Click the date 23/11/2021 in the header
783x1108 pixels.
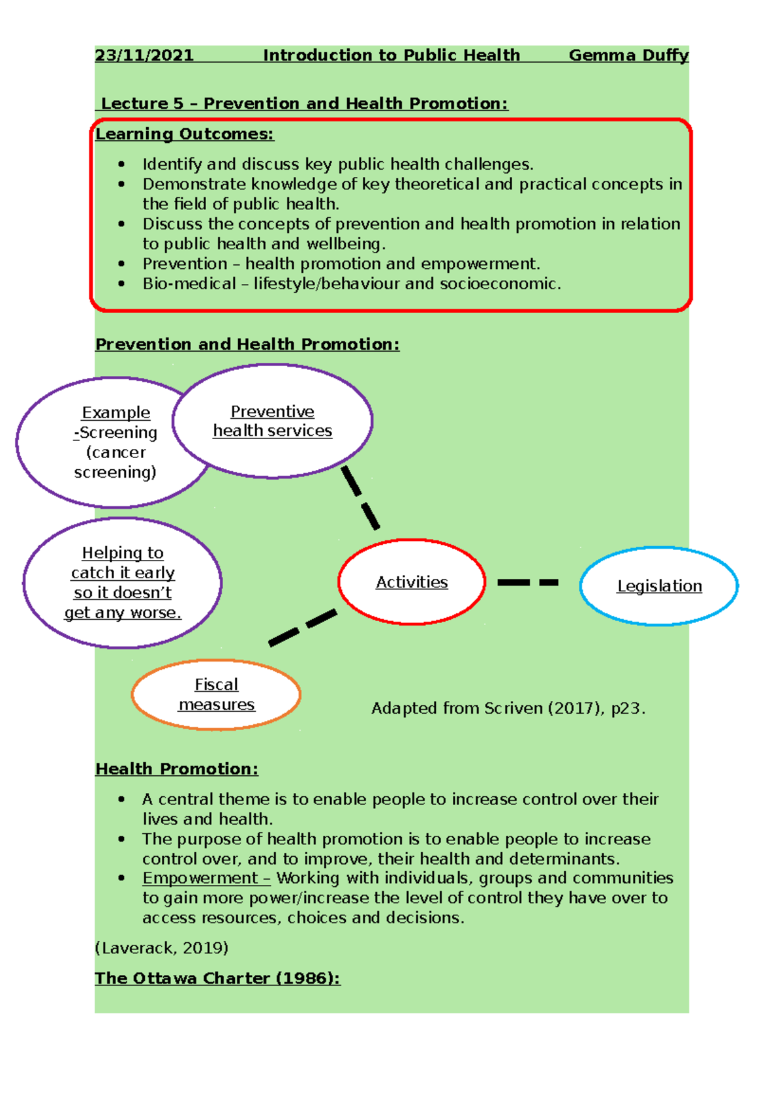144,55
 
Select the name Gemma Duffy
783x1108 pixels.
628,55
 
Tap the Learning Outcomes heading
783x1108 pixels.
185,134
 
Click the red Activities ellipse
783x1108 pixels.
412,582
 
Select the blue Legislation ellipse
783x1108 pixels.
659,586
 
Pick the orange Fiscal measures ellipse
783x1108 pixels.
216,694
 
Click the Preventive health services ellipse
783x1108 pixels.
272,422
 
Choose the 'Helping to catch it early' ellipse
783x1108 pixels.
123,583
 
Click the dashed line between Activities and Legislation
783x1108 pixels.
527,582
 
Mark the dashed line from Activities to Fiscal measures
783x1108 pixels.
303,628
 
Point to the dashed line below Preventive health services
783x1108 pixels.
360,497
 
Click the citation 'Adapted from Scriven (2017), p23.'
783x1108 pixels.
508,709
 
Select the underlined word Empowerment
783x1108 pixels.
200,878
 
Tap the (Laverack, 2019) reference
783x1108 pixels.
162,948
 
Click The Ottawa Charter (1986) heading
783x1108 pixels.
217,979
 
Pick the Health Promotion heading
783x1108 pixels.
177,769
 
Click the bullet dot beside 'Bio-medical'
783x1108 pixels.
121,284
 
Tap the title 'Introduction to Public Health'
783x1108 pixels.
391,55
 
